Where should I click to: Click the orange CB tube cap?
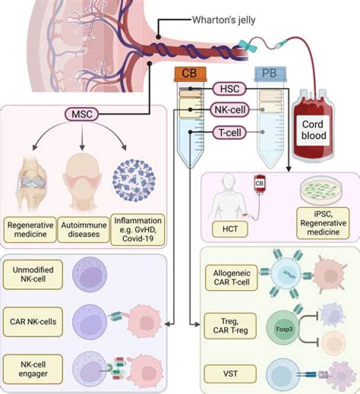(190, 74)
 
